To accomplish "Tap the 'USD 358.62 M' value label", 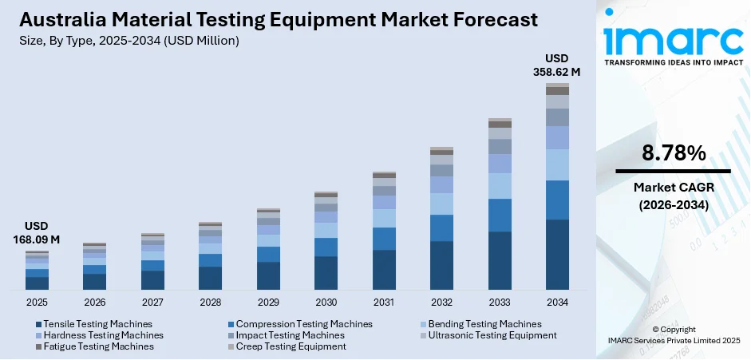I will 557,65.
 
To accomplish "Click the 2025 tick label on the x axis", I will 37,303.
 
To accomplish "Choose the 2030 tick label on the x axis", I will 326,303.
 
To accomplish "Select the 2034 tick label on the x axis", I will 557,303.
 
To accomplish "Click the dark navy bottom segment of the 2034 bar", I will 557,254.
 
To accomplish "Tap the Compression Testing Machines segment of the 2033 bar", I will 500,215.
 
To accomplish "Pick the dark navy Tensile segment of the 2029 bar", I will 268,275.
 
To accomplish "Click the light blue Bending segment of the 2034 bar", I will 557,164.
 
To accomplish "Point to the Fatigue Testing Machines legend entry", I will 98,346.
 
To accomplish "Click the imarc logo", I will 673,41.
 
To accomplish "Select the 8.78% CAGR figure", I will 673,152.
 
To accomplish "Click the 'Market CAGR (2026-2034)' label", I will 673,196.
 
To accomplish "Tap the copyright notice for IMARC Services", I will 673,334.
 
